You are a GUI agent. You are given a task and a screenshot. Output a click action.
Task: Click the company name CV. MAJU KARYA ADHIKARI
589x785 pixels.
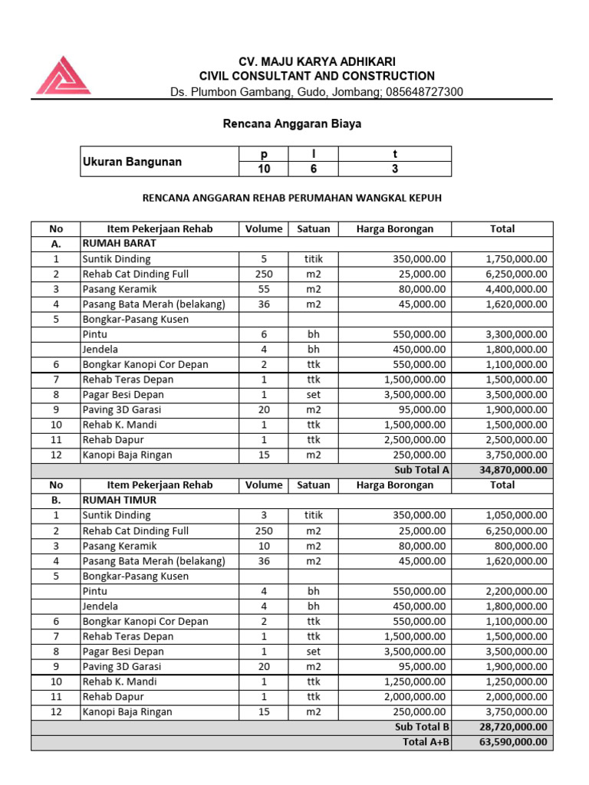tap(317, 61)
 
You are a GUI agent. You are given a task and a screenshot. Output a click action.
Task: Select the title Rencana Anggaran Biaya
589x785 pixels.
tap(291, 123)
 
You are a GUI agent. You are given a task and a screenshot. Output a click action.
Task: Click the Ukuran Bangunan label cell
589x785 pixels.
tap(133, 162)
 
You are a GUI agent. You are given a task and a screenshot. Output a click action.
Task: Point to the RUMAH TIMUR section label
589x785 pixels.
tap(115, 500)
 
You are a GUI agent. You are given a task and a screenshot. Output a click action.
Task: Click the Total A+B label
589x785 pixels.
tap(426, 742)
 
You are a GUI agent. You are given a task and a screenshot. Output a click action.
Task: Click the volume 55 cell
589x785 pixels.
tap(264, 289)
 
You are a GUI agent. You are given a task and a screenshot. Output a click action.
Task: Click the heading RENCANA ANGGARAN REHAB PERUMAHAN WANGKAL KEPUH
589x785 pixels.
tap(292, 198)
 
